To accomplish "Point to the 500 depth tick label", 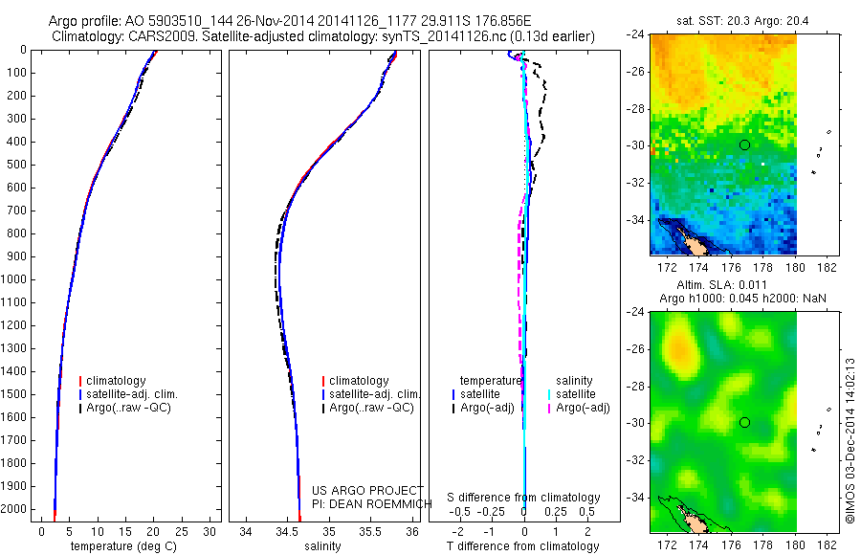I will pyautogui.click(x=18, y=165).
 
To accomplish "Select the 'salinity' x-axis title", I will pyautogui.click(x=322, y=546).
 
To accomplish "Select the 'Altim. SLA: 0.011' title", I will pyautogui.click(x=722, y=286).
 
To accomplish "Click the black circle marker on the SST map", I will pyautogui.click(x=744, y=144).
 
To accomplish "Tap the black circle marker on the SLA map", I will pyautogui.click(x=744, y=422).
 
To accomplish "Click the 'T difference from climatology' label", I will pyautogui.click(x=524, y=546).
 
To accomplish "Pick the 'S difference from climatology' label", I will pyautogui.click(x=524, y=498).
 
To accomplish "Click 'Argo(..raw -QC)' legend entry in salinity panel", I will pyautogui.click(x=371, y=408).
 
